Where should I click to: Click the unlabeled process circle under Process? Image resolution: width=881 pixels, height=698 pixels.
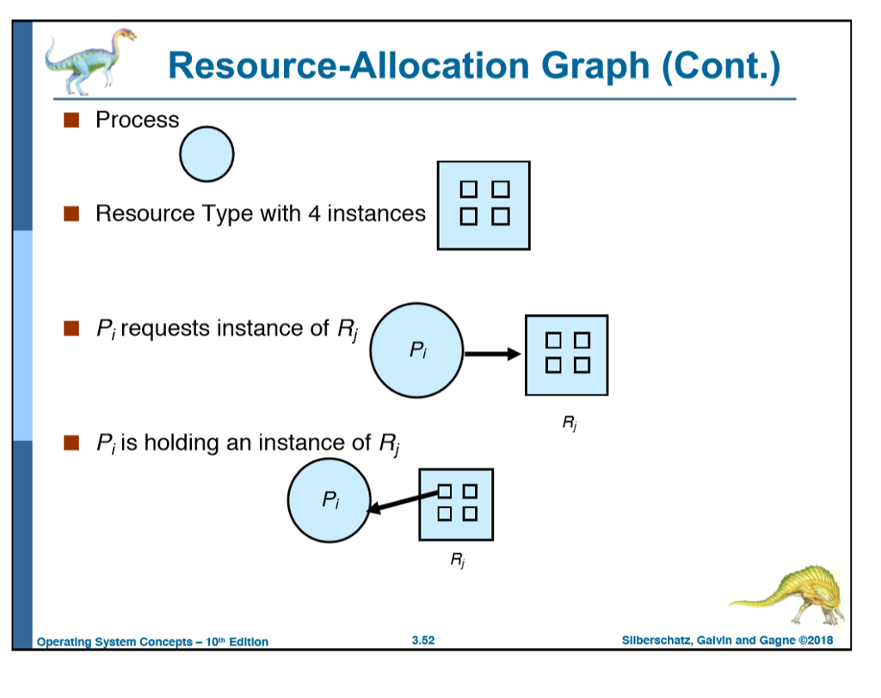[206, 156]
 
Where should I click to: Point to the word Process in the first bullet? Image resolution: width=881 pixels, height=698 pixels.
[137, 120]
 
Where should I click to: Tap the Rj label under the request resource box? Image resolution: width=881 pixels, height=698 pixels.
[569, 422]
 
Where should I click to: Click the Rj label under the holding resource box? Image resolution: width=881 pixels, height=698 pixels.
[457, 561]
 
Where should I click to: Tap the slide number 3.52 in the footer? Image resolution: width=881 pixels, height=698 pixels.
[422, 640]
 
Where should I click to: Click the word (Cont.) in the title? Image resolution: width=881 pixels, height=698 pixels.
[720, 66]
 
